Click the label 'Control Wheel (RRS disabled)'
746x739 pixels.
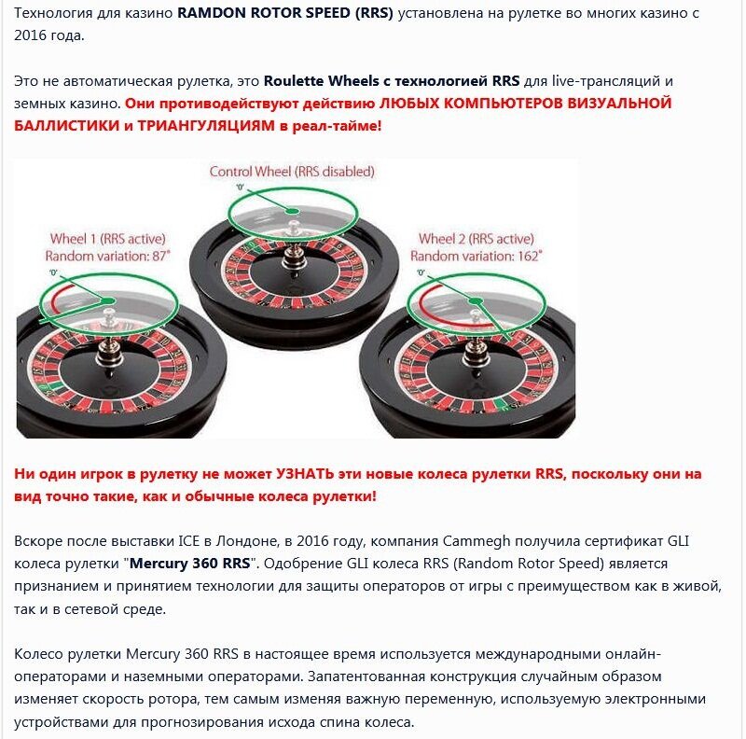point(292,171)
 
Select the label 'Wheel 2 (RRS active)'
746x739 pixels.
point(476,238)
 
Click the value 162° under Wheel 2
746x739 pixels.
point(522,256)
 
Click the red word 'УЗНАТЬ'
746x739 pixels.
point(311,474)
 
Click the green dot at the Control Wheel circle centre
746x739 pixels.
point(293,211)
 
